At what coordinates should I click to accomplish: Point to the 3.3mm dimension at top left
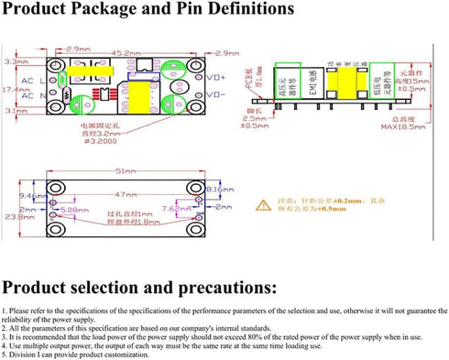(x=13, y=61)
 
